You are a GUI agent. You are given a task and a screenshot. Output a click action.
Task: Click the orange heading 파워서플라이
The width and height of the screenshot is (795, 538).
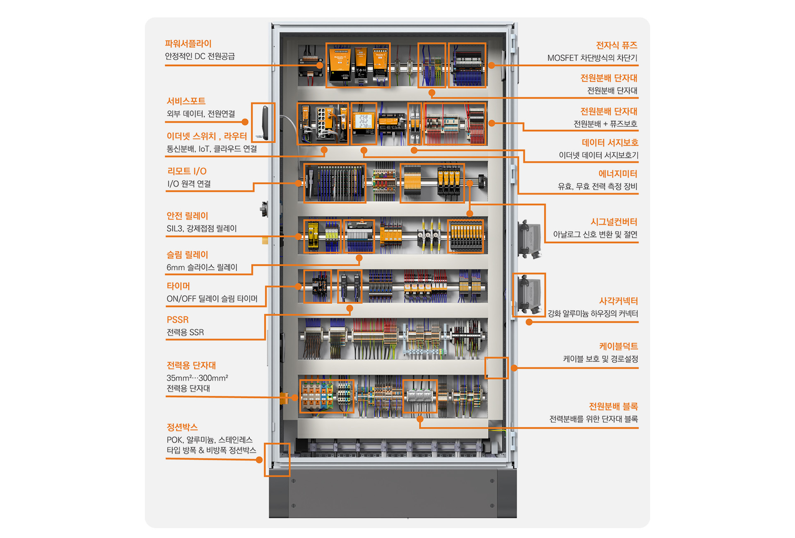pyautogui.click(x=188, y=44)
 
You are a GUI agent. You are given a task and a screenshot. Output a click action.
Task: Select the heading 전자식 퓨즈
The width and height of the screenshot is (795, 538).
pyautogui.click(x=617, y=46)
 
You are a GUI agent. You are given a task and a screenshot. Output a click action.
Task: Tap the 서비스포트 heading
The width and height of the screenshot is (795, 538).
pyautogui.click(x=186, y=101)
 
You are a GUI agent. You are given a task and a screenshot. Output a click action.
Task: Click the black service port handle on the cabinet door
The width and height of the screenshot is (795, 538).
pyautogui.click(x=265, y=123)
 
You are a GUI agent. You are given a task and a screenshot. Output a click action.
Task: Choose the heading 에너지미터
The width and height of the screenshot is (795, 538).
pyautogui.click(x=618, y=174)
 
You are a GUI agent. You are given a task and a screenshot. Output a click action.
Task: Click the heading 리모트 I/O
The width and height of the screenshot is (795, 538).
pyautogui.click(x=187, y=171)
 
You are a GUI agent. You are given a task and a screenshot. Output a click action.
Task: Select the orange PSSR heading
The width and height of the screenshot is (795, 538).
pyautogui.click(x=178, y=320)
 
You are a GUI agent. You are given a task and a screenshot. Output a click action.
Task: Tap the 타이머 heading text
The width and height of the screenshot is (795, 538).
pyautogui.click(x=178, y=286)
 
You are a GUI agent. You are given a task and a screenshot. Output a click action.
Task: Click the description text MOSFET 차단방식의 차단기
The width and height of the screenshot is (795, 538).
pyautogui.click(x=593, y=58)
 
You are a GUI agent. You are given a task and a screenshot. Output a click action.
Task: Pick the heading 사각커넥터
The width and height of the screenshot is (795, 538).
pyautogui.click(x=619, y=301)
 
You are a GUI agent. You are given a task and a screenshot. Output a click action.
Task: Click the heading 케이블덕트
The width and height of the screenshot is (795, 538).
pyautogui.click(x=619, y=346)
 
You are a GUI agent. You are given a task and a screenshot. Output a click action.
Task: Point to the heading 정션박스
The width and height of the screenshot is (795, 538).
pyautogui.click(x=182, y=427)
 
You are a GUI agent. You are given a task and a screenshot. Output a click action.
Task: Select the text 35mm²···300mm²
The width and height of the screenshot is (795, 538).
pyautogui.click(x=198, y=378)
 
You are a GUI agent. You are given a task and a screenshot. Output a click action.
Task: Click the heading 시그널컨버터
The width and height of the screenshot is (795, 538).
pyautogui.click(x=614, y=222)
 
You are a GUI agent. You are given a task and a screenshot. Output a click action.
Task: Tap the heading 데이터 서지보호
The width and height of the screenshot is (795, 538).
pyautogui.click(x=610, y=143)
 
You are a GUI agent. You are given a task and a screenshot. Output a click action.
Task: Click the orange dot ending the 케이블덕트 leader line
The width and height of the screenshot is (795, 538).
pyautogui.click(x=514, y=368)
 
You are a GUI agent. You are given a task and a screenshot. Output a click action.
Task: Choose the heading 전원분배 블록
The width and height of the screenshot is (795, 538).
pyautogui.click(x=613, y=406)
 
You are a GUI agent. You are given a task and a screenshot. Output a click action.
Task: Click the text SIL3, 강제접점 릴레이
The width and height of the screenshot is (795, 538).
pyautogui.click(x=202, y=229)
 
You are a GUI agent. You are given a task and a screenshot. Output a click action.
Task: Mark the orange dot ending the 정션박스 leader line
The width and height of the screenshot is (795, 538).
pyautogui.click(x=259, y=460)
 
